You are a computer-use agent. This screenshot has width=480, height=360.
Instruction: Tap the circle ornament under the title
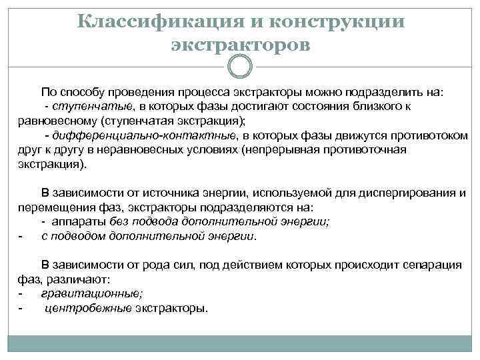coord(240,66)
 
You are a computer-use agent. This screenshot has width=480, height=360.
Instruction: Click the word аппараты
coord(85,221)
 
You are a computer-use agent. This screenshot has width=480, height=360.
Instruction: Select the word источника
coord(173,193)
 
